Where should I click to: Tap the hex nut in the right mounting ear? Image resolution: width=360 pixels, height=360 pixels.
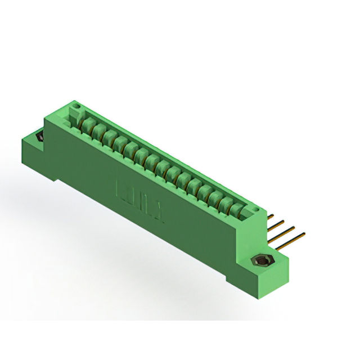pyautogui.click(x=262, y=260)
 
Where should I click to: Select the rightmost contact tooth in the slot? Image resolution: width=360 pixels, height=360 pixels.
pyautogui.click(x=239, y=211)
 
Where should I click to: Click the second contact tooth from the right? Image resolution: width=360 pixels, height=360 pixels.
pyautogui.click(x=229, y=206)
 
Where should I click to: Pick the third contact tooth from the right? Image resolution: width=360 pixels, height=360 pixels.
pyautogui.click(x=219, y=200)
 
